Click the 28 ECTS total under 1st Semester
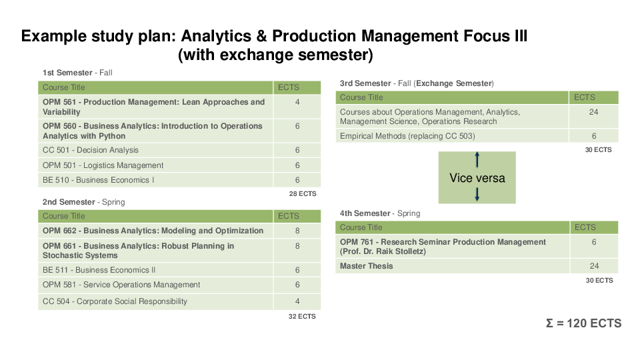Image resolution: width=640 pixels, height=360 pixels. [x=303, y=194]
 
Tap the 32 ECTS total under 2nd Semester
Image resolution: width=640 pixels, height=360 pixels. [x=302, y=316]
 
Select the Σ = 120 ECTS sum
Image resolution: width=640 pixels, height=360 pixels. [x=584, y=323]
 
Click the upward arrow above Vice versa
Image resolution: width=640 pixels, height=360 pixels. [x=477, y=159]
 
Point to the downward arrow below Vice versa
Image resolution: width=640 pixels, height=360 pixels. [x=477, y=194]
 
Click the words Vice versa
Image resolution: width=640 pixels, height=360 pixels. [x=477, y=178]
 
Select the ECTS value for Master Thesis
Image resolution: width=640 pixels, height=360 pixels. [x=594, y=266]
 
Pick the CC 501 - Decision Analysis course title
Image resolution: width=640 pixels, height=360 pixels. [x=91, y=150]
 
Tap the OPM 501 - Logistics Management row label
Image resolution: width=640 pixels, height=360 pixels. [x=103, y=165]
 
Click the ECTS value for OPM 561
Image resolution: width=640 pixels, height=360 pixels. [x=297, y=102]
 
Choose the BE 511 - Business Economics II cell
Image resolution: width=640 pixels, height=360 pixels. [x=99, y=270]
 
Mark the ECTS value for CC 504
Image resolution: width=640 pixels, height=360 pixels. [x=297, y=301]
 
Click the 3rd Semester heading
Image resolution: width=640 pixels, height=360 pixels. [x=417, y=83]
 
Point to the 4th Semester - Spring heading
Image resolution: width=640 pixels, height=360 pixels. [x=380, y=213]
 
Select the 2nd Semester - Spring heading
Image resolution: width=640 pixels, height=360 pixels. [x=84, y=202]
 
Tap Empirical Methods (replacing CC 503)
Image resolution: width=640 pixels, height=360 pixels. [x=407, y=136]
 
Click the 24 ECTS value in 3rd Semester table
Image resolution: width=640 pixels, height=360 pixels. [x=593, y=112]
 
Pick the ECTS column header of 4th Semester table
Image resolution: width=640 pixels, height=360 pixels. [x=585, y=227]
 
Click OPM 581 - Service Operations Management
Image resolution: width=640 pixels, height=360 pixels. [x=121, y=285]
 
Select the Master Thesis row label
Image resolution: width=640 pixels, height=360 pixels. [x=367, y=266]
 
